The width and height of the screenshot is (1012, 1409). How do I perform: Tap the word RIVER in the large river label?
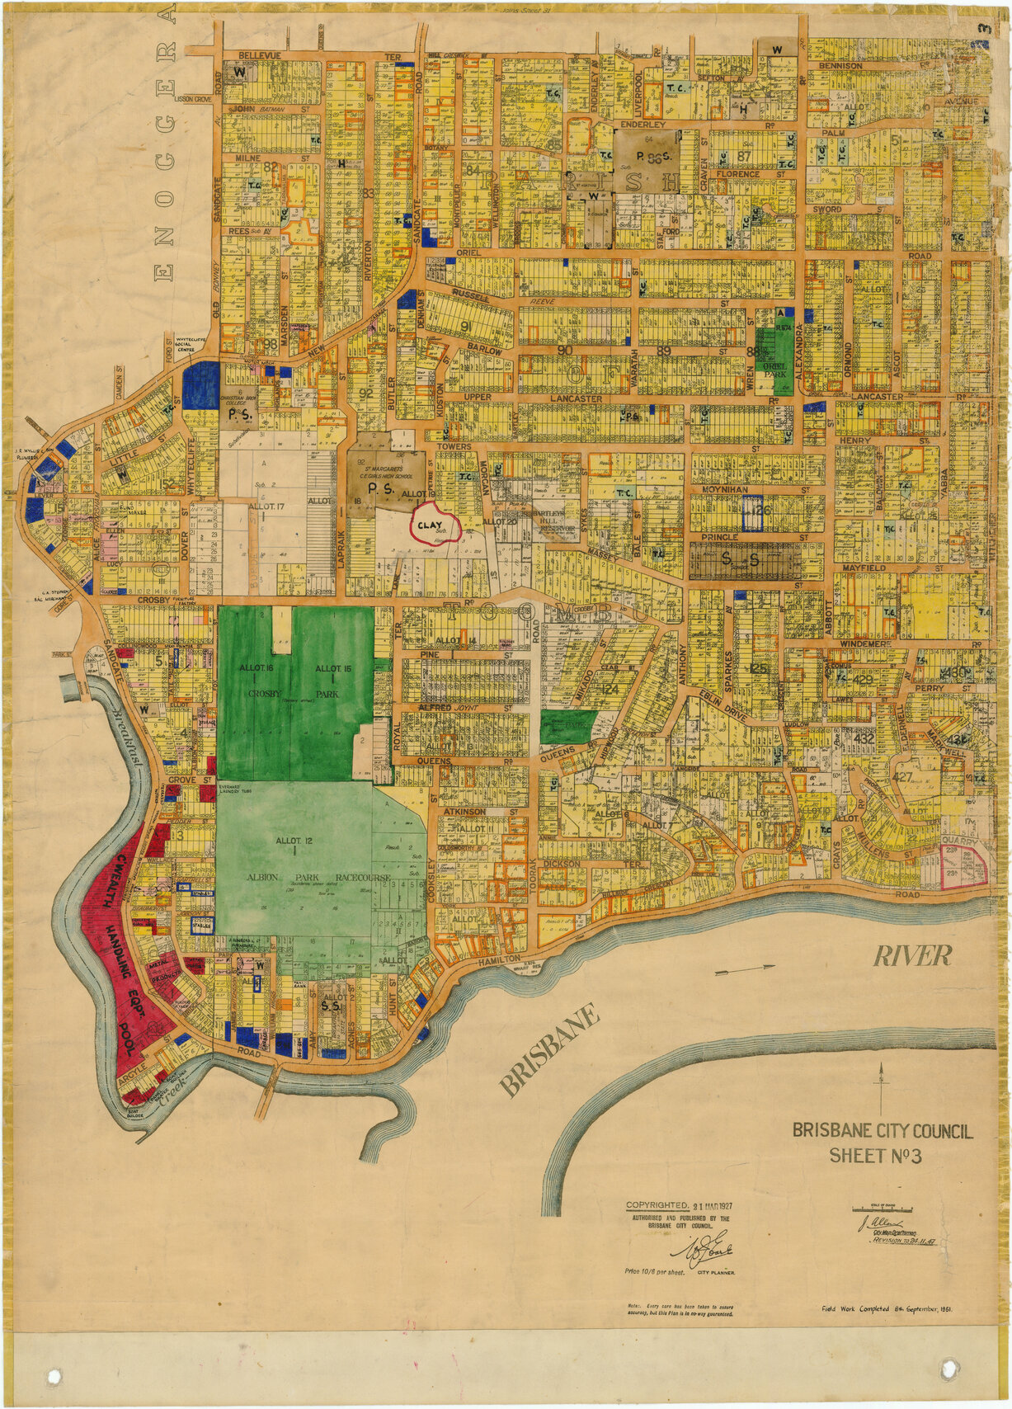pyautogui.click(x=912, y=956)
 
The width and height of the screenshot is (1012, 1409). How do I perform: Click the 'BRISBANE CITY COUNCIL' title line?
pyautogui.click(x=883, y=1131)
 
